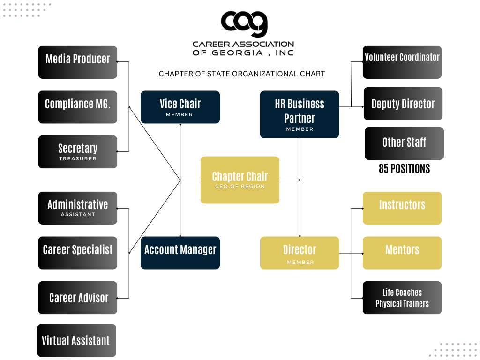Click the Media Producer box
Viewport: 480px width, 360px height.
pyautogui.click(x=78, y=62)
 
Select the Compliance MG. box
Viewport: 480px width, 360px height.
pyautogui.click(x=78, y=107)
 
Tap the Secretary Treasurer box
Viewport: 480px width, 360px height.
pyautogui.click(x=78, y=152)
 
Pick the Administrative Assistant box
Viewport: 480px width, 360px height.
pyautogui.click(x=78, y=208)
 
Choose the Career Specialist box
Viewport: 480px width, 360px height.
pyautogui.click(x=78, y=253)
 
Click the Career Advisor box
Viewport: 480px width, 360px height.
pyautogui.click(x=78, y=298)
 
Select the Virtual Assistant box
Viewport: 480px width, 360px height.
pyautogui.click(x=77, y=340)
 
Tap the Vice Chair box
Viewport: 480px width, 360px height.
pyautogui.click(x=180, y=107)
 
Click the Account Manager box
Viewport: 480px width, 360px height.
pyautogui.click(x=180, y=253)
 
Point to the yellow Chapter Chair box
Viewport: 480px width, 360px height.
pyautogui.click(x=240, y=180)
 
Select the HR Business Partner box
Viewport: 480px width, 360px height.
pyautogui.click(x=300, y=114)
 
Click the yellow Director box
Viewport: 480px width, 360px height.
pyautogui.click(x=300, y=253)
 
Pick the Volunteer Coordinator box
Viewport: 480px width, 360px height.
pyautogui.click(x=402, y=62)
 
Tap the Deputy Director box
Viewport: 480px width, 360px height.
pyautogui.click(x=403, y=104)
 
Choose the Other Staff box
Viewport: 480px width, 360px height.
pyautogui.click(x=404, y=143)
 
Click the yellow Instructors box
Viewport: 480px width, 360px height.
pyautogui.click(x=402, y=208)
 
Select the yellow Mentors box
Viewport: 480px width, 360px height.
pyautogui.click(x=402, y=253)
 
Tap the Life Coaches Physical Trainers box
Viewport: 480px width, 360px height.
pyautogui.click(x=402, y=298)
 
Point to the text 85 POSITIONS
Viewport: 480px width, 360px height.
pyautogui.click(x=404, y=169)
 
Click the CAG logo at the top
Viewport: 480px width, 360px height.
pyautogui.click(x=244, y=23)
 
